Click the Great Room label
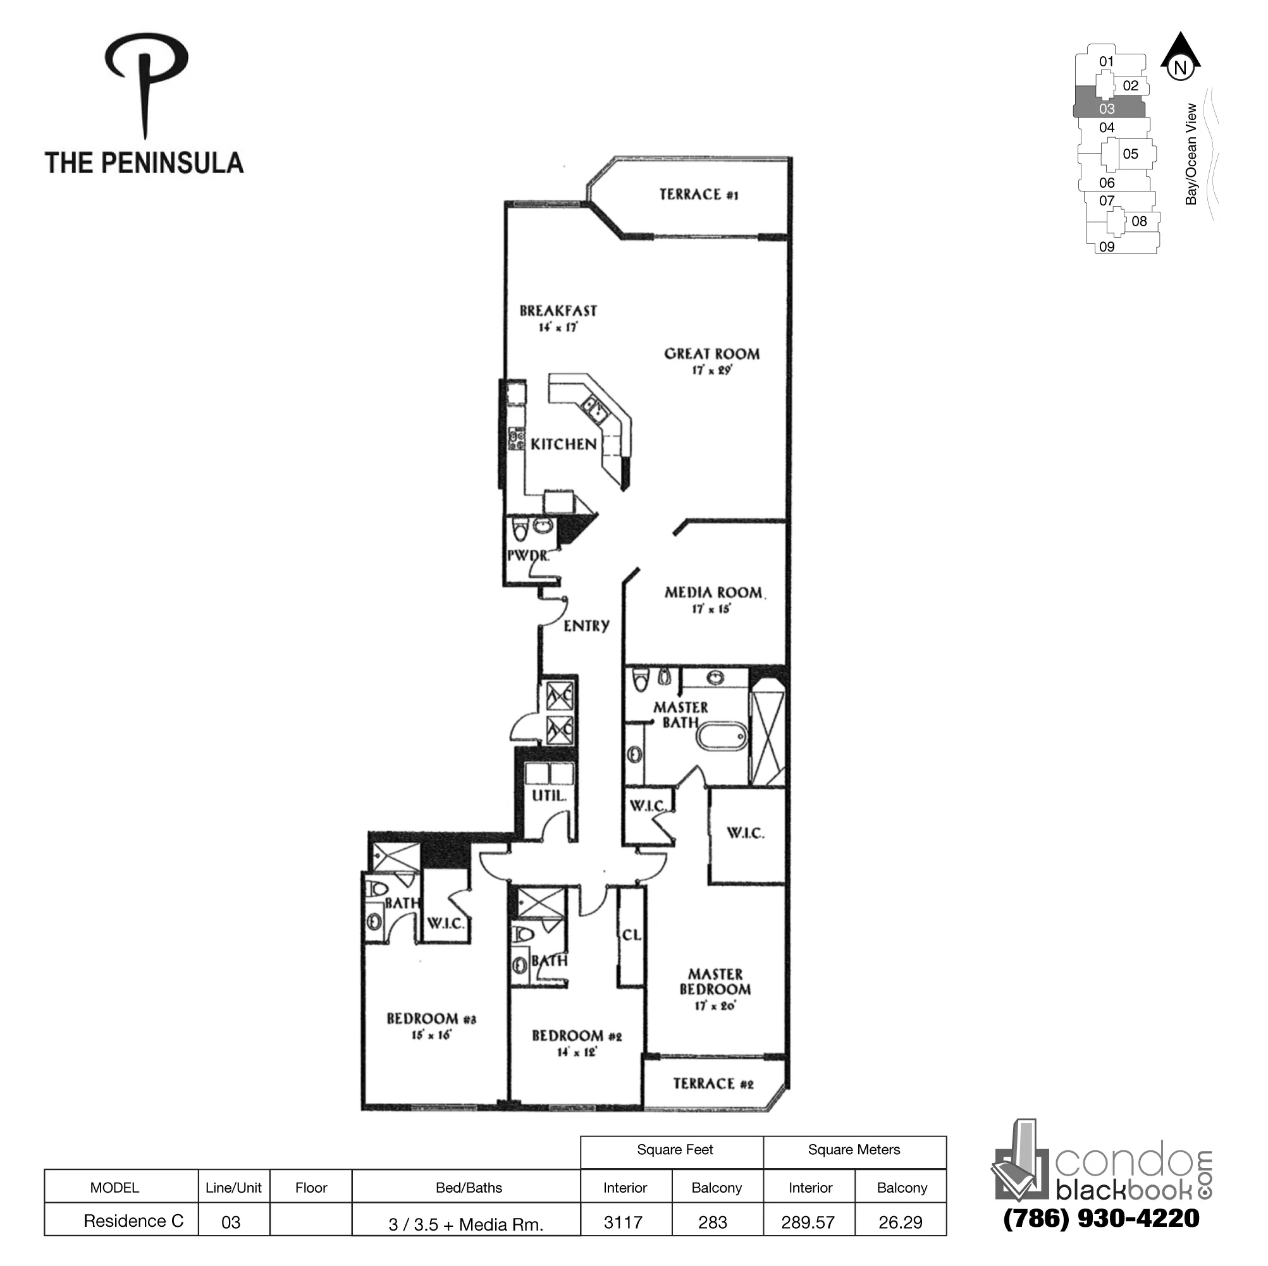[711, 353]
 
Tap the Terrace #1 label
[698, 194]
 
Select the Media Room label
[713, 592]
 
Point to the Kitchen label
[563, 444]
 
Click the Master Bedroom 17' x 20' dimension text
[715, 1006]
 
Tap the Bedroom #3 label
[431, 1019]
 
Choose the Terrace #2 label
[713, 1083]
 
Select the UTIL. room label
[549, 796]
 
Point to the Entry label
[586, 626]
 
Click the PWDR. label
[527, 556]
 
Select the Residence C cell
[133, 1220]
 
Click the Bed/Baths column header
[469, 1188]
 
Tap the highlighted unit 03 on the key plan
[1107, 109]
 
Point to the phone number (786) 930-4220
[1101, 1218]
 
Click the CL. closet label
[631, 935]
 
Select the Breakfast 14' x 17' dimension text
[558, 327]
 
